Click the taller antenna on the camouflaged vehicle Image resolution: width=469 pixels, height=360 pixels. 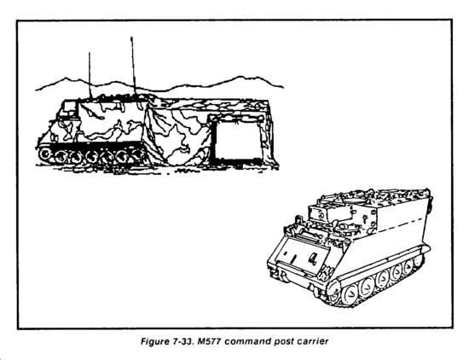tap(133, 67)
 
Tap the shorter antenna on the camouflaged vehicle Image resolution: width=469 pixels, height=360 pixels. tap(90, 75)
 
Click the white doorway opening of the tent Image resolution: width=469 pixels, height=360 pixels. tap(237, 140)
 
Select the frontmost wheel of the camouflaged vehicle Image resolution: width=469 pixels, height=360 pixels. tap(46, 154)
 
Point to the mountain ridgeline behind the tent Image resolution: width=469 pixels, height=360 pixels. tap(159, 84)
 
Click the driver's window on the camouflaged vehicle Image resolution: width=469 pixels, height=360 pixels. tap(70, 105)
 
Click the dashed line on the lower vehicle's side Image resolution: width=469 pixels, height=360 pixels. tap(401, 224)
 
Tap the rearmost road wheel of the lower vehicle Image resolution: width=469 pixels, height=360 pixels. tap(417, 261)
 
